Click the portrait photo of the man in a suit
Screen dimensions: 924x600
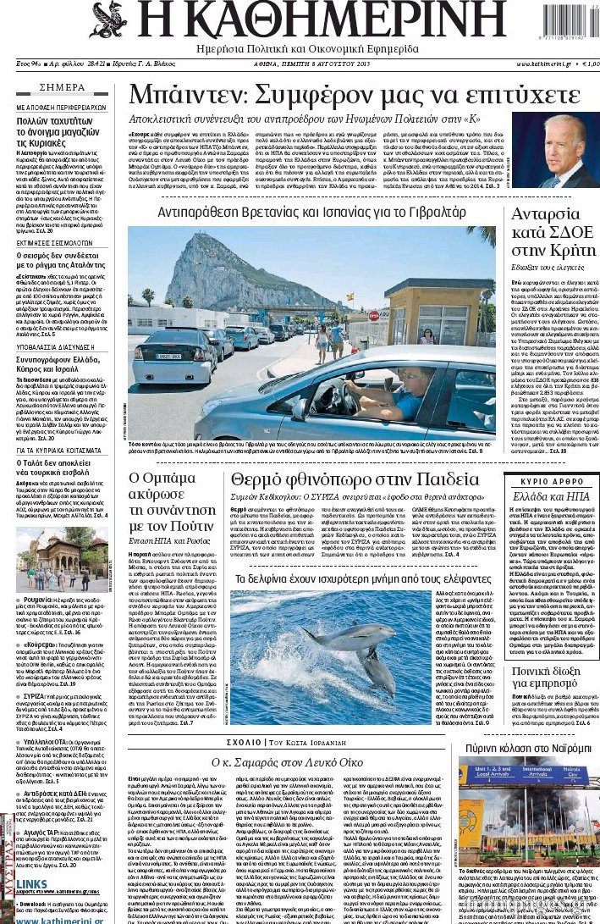pyautogui.click(x=554, y=151)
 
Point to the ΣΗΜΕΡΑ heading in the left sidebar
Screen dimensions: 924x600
pyautogui.click(x=62, y=88)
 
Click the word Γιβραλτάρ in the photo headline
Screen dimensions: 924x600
pyautogui.click(x=431, y=211)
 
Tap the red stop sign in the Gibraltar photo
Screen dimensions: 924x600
pyautogui.click(x=350, y=315)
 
